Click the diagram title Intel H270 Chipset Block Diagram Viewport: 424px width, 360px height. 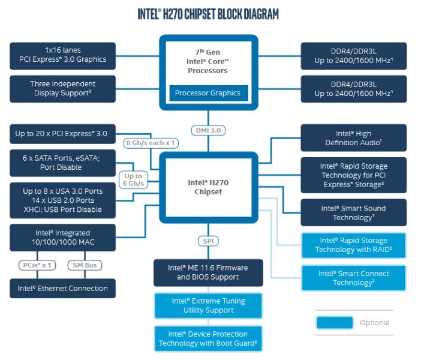[x=208, y=13]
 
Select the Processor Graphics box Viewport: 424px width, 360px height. [x=208, y=93]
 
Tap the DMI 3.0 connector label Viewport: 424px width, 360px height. [x=209, y=130]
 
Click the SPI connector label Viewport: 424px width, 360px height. [x=208, y=241]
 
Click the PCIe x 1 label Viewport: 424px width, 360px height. [x=38, y=265]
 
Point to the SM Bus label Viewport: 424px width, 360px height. [x=86, y=265]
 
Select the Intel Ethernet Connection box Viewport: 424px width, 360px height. [x=63, y=289]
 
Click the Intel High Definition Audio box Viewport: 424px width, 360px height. [x=353, y=138]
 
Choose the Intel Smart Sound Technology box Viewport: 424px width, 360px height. [x=353, y=213]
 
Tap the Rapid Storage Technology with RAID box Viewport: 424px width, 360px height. [x=353, y=245]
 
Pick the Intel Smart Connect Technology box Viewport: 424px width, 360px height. [x=353, y=278]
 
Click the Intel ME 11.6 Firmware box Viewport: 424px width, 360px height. [x=208, y=272]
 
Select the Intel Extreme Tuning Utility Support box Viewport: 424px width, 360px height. [x=208, y=305]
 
